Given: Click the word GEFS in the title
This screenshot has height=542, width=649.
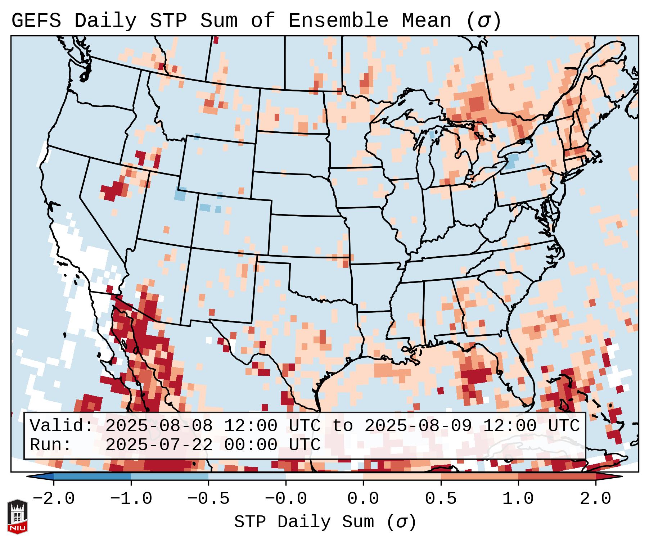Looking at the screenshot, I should [x=36, y=21].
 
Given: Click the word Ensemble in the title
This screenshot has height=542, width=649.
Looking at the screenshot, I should [x=338, y=21].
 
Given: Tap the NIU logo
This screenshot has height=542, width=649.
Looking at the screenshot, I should [x=17, y=516].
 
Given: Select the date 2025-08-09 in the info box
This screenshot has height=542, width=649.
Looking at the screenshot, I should [x=418, y=426].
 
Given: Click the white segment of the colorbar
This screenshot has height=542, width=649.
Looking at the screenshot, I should [x=324, y=477].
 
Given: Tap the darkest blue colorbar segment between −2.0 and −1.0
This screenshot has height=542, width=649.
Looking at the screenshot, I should [x=92, y=477].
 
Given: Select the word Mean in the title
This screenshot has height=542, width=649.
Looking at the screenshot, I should [x=426, y=21].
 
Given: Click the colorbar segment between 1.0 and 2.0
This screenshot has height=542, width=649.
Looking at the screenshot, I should [x=556, y=477].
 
